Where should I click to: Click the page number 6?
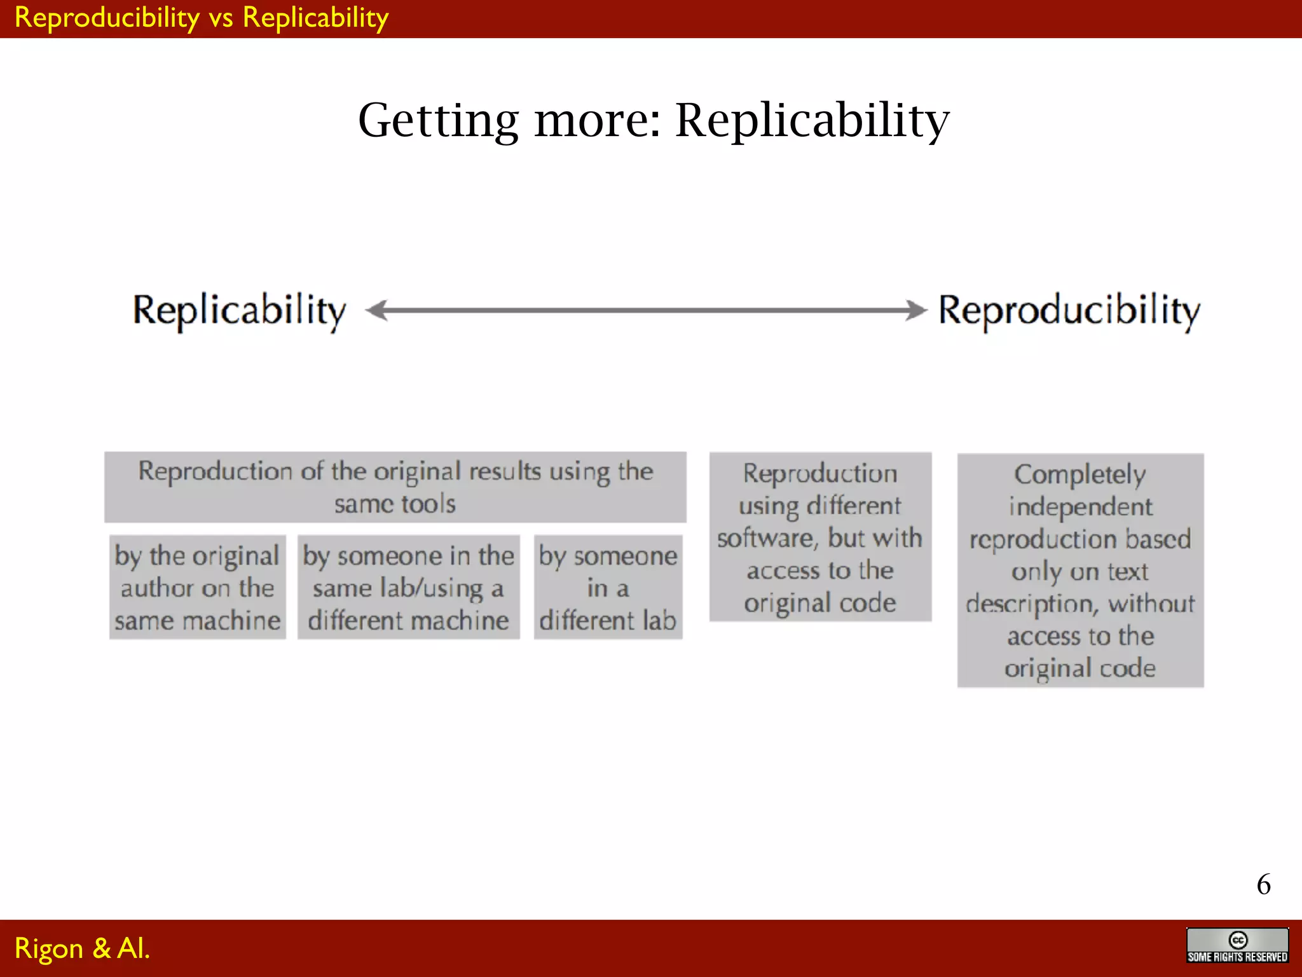[x=1263, y=884]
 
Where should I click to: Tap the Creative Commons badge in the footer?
[x=1237, y=945]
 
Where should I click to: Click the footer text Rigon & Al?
[x=82, y=948]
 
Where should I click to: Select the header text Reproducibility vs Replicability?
[x=202, y=18]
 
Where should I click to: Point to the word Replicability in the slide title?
[x=812, y=120]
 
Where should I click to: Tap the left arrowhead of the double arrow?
[x=377, y=310]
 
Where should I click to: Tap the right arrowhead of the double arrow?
[x=916, y=310]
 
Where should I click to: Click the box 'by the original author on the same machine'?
[x=197, y=587]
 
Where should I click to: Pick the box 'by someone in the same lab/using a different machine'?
[x=408, y=587]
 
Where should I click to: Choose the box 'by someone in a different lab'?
[x=608, y=587]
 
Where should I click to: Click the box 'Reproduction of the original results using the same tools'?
[x=395, y=487]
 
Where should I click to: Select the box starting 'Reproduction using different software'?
[x=820, y=537]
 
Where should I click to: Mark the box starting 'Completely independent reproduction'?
[x=1080, y=570]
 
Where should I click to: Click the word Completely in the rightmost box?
[x=1079, y=475]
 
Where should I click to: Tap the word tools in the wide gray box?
[x=428, y=504]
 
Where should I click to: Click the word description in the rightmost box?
[x=1031, y=604]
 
